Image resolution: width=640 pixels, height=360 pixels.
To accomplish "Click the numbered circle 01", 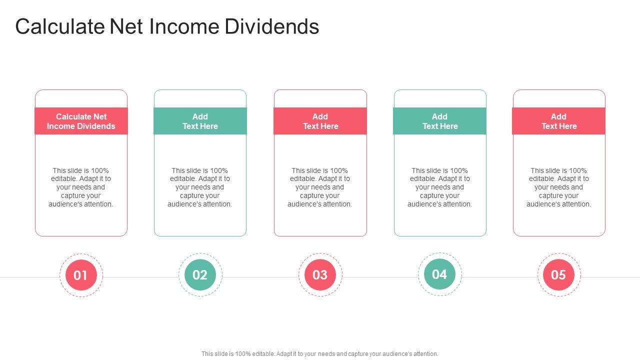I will pyautogui.click(x=81, y=275).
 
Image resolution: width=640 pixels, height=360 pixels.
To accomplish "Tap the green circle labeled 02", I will pyautogui.click(x=200, y=274).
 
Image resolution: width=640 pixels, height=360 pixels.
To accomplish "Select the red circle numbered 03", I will pyautogui.click(x=320, y=274).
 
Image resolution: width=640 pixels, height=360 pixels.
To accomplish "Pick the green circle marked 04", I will pyautogui.click(x=439, y=274).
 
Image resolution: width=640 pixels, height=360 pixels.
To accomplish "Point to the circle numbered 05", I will pyautogui.click(x=558, y=274).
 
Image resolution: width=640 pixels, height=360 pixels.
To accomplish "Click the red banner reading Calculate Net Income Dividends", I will pyautogui.click(x=81, y=121).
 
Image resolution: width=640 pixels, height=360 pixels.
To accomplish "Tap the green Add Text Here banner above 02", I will pyautogui.click(x=200, y=121).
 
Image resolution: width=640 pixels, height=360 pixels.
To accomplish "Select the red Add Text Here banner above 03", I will pyautogui.click(x=320, y=121).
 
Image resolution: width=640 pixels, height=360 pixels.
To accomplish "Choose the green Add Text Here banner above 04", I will pyautogui.click(x=439, y=121).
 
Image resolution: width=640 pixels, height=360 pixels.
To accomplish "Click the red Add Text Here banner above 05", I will pyautogui.click(x=558, y=121).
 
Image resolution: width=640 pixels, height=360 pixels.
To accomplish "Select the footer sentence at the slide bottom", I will pyautogui.click(x=320, y=353).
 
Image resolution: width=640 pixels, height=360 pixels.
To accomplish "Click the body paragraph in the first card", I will pyautogui.click(x=81, y=187).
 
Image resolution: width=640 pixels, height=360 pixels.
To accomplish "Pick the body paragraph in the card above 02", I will pyautogui.click(x=200, y=187).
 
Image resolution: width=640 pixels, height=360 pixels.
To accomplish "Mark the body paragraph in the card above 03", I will pyautogui.click(x=320, y=187).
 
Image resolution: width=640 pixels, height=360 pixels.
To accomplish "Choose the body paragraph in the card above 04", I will pyautogui.click(x=439, y=187).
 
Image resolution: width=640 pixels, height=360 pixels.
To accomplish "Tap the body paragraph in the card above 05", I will pyautogui.click(x=558, y=187).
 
